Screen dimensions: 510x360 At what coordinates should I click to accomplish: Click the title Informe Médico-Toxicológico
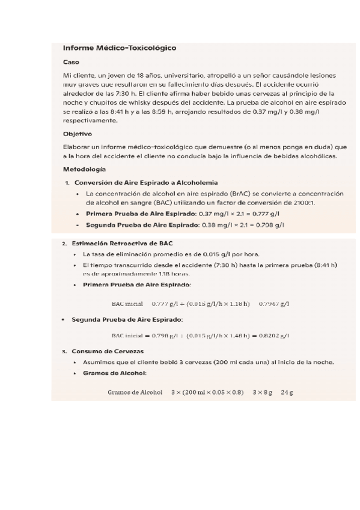[120, 48]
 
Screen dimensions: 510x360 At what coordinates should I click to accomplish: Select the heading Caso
[71, 62]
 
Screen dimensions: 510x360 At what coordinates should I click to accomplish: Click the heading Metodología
[84, 169]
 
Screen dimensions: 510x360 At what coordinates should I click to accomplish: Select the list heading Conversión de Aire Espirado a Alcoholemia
[145, 182]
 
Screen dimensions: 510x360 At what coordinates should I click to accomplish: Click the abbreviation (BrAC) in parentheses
[241, 194]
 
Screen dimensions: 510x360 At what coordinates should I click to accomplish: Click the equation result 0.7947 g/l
[274, 304]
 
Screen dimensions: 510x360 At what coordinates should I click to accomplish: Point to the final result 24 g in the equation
[287, 393]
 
